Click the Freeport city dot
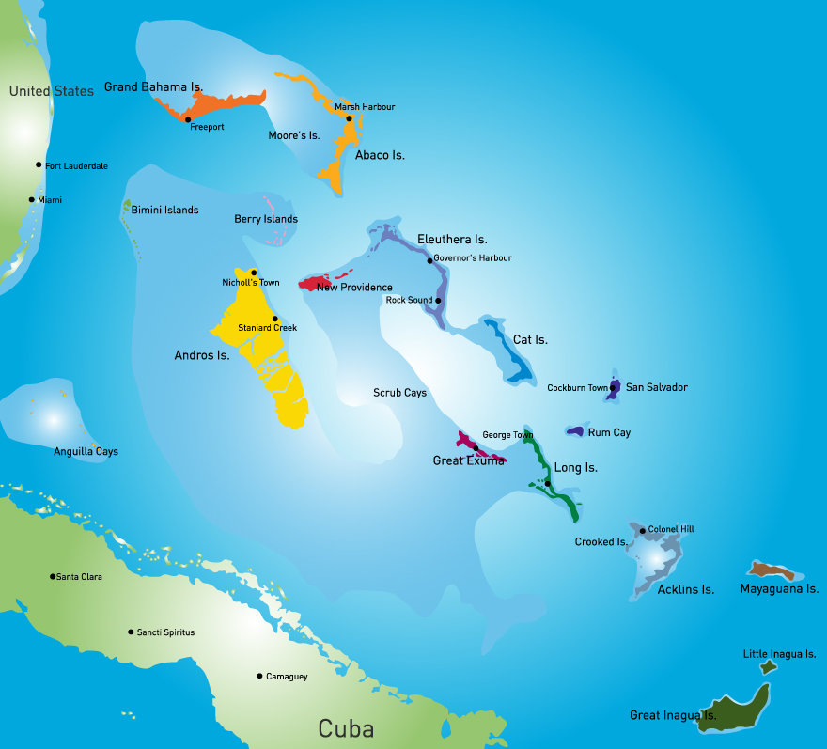(x=188, y=119)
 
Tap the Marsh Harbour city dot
(x=349, y=118)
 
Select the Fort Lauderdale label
(x=76, y=166)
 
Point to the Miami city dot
(x=32, y=199)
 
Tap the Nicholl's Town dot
(x=254, y=273)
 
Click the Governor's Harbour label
(x=473, y=257)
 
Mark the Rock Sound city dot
(x=438, y=301)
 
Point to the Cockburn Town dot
(x=613, y=387)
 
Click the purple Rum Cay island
(x=576, y=430)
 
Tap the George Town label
(x=507, y=435)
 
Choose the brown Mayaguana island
(x=772, y=570)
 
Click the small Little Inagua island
(x=769, y=667)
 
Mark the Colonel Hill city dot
(x=643, y=531)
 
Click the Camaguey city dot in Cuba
(x=259, y=676)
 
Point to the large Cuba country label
(x=346, y=728)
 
